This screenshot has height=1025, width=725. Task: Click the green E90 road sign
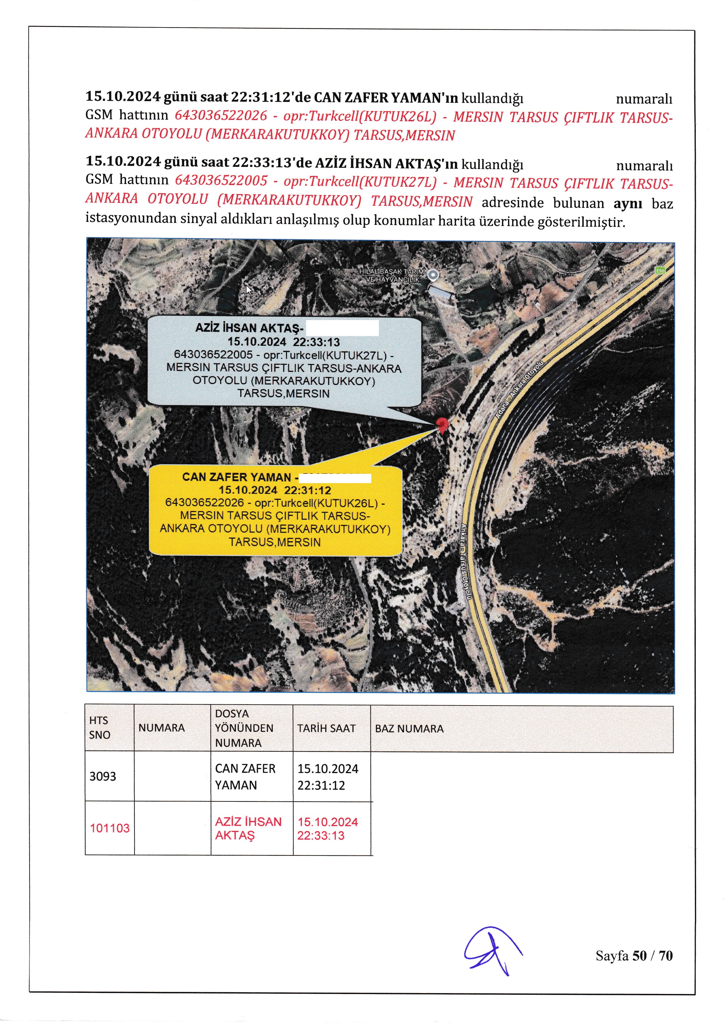pos(660,271)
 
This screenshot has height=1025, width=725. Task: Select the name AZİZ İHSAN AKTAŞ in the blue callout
pos(249,328)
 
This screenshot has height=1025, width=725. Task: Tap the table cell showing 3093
pos(103,776)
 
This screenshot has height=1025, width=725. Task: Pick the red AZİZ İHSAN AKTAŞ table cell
pos(248,828)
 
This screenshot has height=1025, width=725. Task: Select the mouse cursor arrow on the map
pos(249,289)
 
